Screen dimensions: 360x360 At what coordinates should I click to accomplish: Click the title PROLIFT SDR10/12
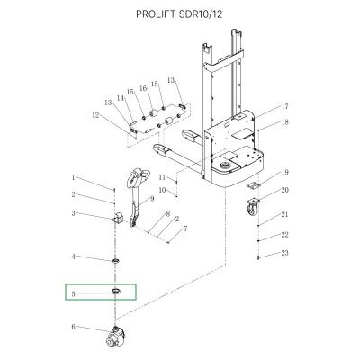pos(179,14)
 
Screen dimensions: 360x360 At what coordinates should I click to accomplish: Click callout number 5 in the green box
pos(73,294)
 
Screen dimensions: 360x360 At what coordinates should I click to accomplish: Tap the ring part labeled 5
pos(116,291)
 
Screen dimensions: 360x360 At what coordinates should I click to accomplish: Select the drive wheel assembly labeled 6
pos(115,337)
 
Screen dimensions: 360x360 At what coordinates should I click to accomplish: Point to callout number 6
pos(73,327)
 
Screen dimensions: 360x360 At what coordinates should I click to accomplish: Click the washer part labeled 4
pos(116,260)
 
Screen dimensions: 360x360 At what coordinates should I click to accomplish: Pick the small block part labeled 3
pos(118,217)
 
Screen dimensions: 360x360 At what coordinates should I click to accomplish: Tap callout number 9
pos(152,199)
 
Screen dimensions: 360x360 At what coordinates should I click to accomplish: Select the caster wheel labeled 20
pos(251,206)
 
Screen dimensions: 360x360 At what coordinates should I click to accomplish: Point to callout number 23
pos(284,253)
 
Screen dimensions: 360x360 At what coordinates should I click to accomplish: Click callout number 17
pos(284,106)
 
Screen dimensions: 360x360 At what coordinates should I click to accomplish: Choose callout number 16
pos(144,88)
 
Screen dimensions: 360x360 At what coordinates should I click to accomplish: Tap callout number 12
pos(95,115)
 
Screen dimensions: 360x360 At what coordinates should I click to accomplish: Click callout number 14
pos(121,98)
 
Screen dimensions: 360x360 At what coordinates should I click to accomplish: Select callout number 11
pos(162,177)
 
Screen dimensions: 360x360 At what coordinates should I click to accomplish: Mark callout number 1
pos(73,177)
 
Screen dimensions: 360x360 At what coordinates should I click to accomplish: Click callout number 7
pos(185,229)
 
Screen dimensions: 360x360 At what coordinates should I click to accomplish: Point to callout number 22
pos(284,235)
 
